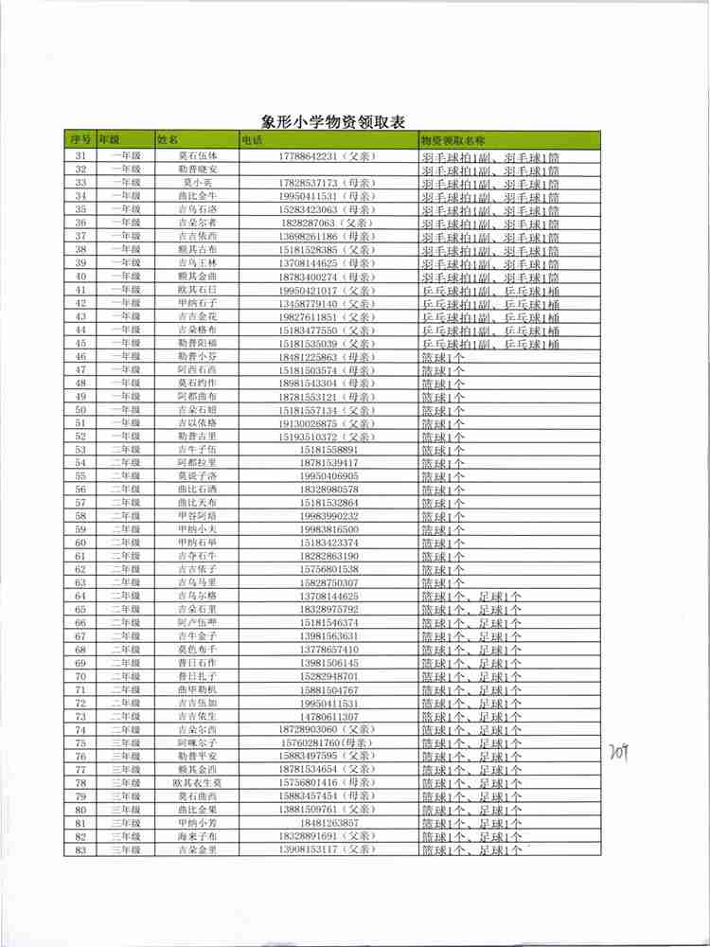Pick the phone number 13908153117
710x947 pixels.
coord(309,849)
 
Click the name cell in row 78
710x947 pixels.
coord(197,783)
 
